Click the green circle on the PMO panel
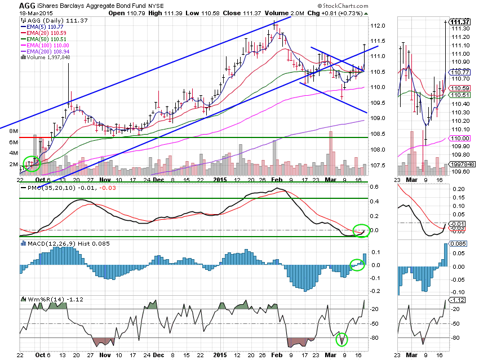(x=360, y=230)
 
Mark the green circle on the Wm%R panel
(x=341, y=339)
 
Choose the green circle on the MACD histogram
(x=357, y=264)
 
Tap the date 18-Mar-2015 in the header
(x=23, y=13)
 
